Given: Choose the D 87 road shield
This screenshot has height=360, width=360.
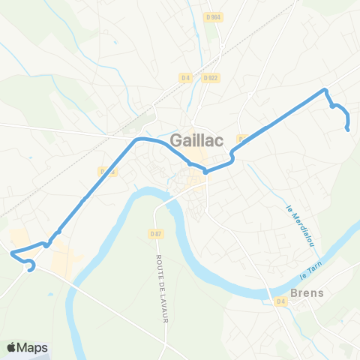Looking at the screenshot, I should pos(156,233).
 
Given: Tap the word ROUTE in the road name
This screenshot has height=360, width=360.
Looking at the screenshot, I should pos(159,265).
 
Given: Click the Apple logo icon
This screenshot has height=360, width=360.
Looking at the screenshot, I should pos(12,347).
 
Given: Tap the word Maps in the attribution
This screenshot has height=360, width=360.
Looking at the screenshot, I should pos(34,347).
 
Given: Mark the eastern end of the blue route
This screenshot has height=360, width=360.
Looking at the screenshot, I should pos(347,129).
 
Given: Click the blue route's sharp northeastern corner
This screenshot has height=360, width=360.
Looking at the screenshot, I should pos(325,91).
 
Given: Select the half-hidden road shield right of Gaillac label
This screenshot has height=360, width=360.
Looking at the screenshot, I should pos(242,139).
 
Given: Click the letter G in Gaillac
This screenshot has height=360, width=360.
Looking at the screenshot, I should pos(178,139).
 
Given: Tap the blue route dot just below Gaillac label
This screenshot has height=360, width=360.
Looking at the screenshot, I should pos(205,170).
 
